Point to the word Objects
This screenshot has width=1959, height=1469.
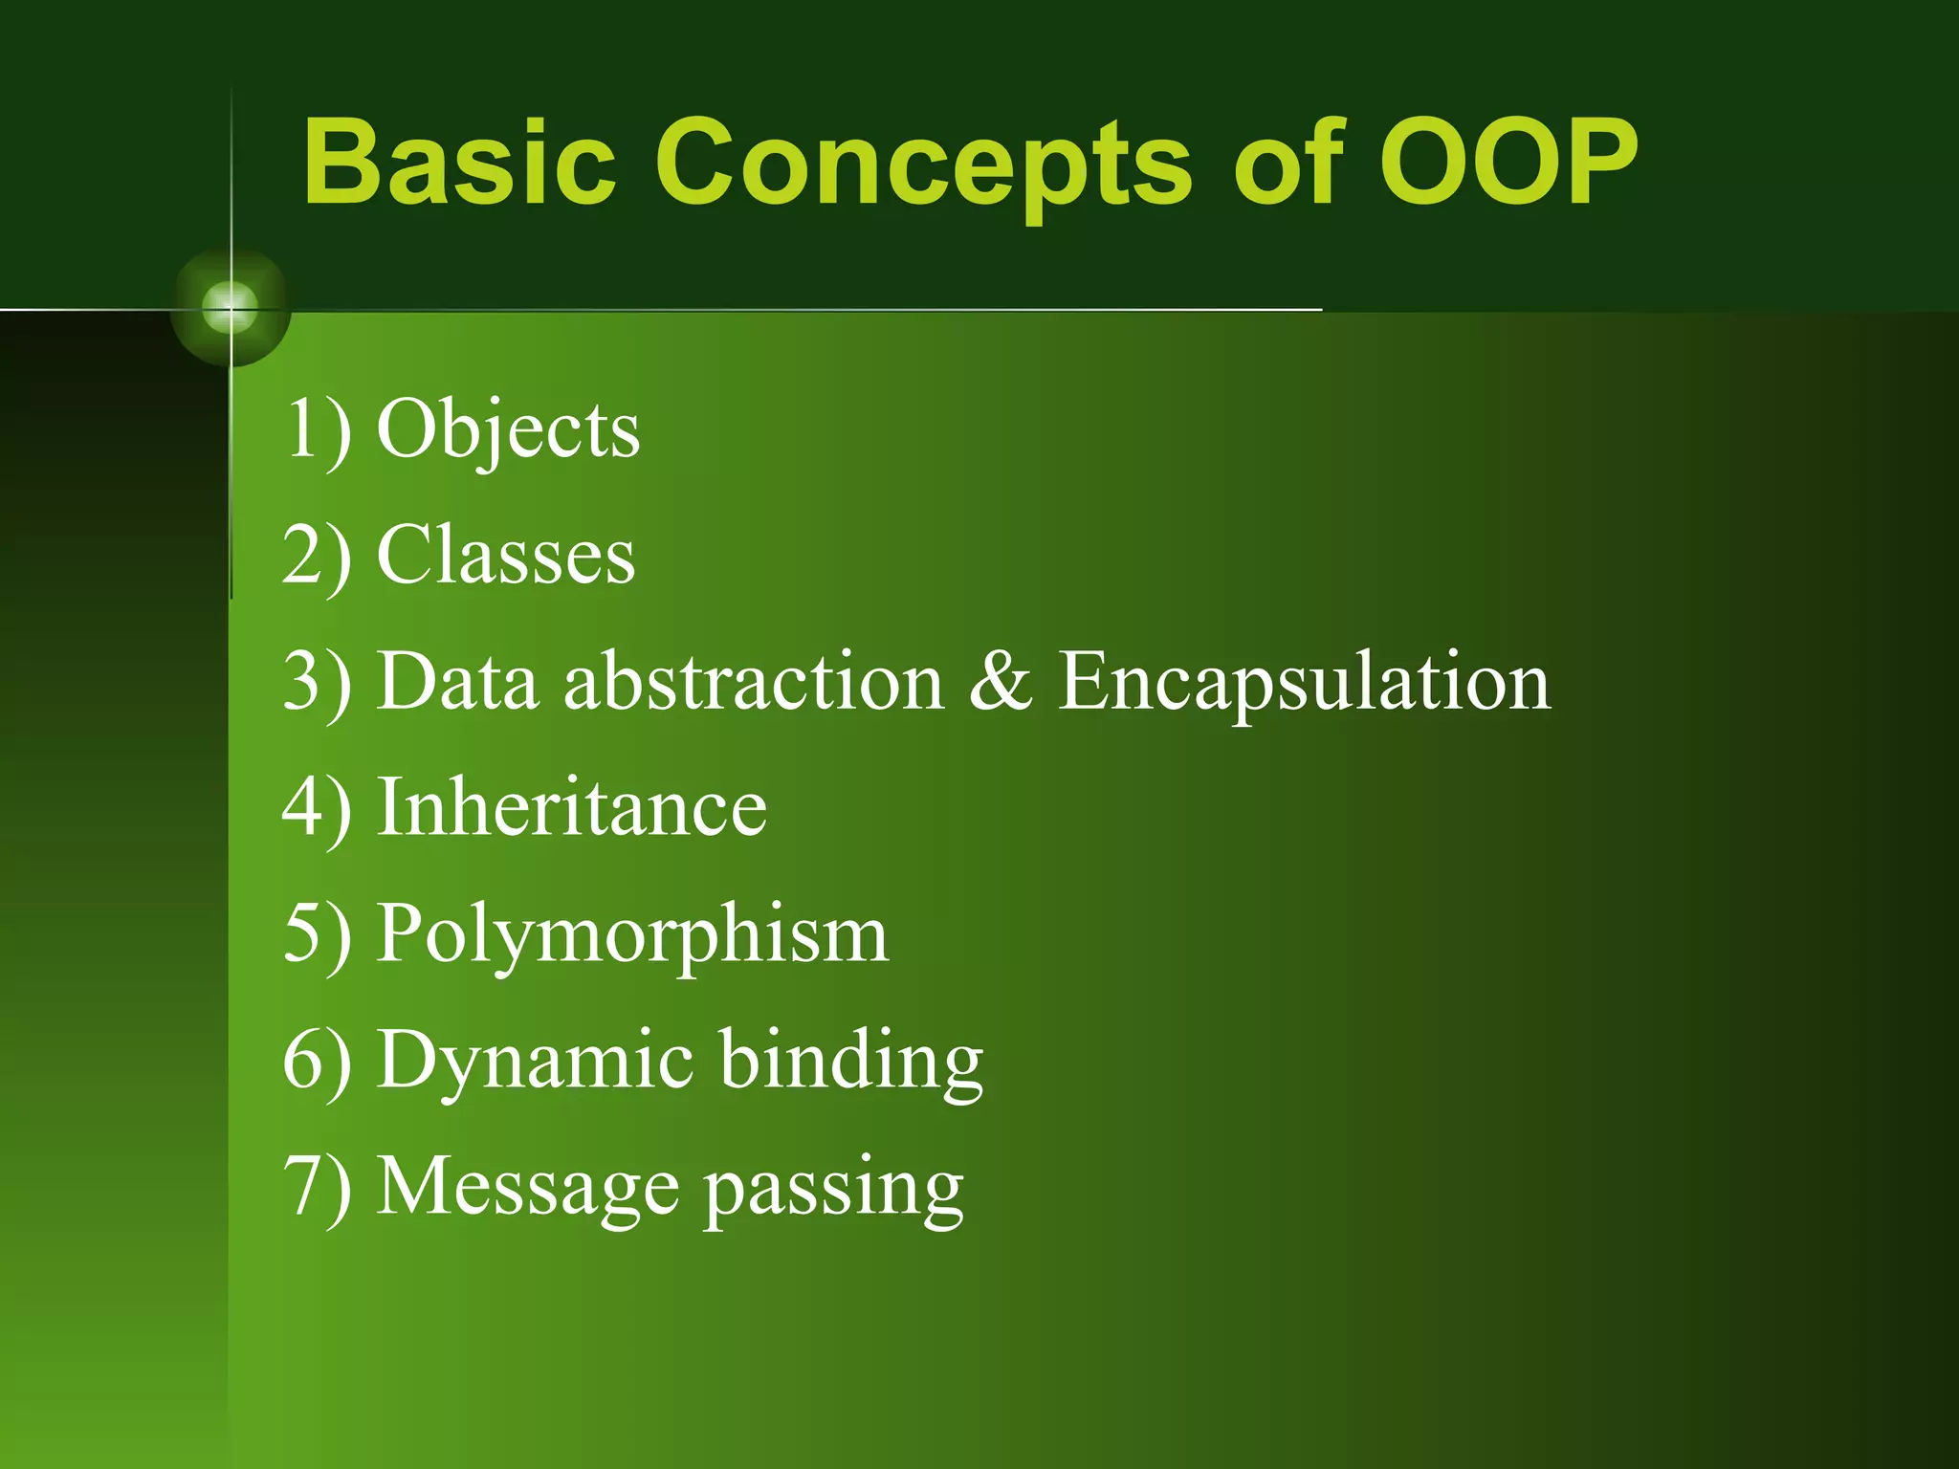[508, 430]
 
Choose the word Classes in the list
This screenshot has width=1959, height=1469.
[506, 556]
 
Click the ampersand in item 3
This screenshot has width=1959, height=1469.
[1001, 681]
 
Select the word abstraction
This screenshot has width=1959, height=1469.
[754, 681]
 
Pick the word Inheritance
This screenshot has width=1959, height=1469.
[572, 808]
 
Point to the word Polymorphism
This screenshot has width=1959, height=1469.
[632, 935]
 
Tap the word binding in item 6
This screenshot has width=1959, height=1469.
[850, 1062]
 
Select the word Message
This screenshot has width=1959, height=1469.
[528, 1188]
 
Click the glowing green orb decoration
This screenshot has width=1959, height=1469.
[231, 308]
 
